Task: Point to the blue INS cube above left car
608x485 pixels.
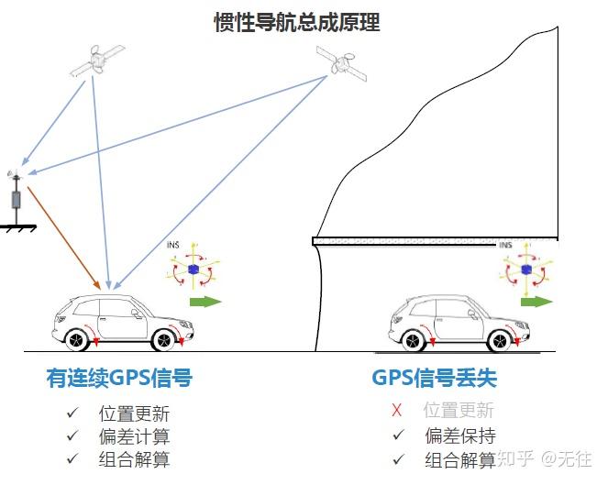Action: click(193, 269)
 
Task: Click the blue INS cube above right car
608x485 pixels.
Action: click(525, 270)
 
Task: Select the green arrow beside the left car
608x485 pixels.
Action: click(205, 302)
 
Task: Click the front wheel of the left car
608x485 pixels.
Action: click(164, 339)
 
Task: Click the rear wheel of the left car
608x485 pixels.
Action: click(80, 339)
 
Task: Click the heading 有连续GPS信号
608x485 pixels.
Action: click(119, 378)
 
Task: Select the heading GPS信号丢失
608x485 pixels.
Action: click(434, 378)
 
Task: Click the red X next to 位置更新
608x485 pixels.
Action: click(396, 411)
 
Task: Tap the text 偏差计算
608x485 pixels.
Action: click(134, 436)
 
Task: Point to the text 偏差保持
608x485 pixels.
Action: click(459, 435)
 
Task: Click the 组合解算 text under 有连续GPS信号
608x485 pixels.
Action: click(134, 459)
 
